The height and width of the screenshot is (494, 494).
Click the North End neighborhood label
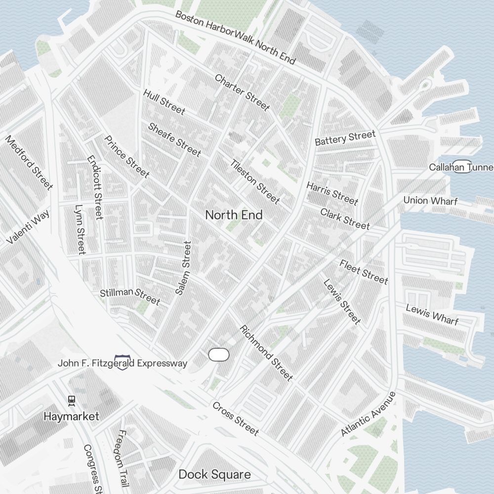coord(234,215)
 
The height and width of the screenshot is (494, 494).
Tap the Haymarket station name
coord(71,416)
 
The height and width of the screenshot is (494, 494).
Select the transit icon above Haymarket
coord(72,400)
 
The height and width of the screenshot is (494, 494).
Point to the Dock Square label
coord(214,475)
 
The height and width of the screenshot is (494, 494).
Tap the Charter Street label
coord(242,92)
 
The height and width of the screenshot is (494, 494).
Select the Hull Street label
coord(164,102)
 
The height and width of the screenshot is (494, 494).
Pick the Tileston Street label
coord(255,181)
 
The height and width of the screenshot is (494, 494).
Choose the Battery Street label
coord(345,138)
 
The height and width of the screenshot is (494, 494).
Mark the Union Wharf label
coord(430,201)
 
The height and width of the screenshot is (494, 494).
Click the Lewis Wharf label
coord(432,315)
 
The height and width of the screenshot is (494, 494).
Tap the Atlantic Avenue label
coord(369,414)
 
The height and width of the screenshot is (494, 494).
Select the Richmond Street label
coord(266,353)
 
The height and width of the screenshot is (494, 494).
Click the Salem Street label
coord(183,268)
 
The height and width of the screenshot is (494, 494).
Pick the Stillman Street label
coord(130,296)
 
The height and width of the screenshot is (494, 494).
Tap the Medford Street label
coord(29,162)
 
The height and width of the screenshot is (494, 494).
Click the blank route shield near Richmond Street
coord(219,354)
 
